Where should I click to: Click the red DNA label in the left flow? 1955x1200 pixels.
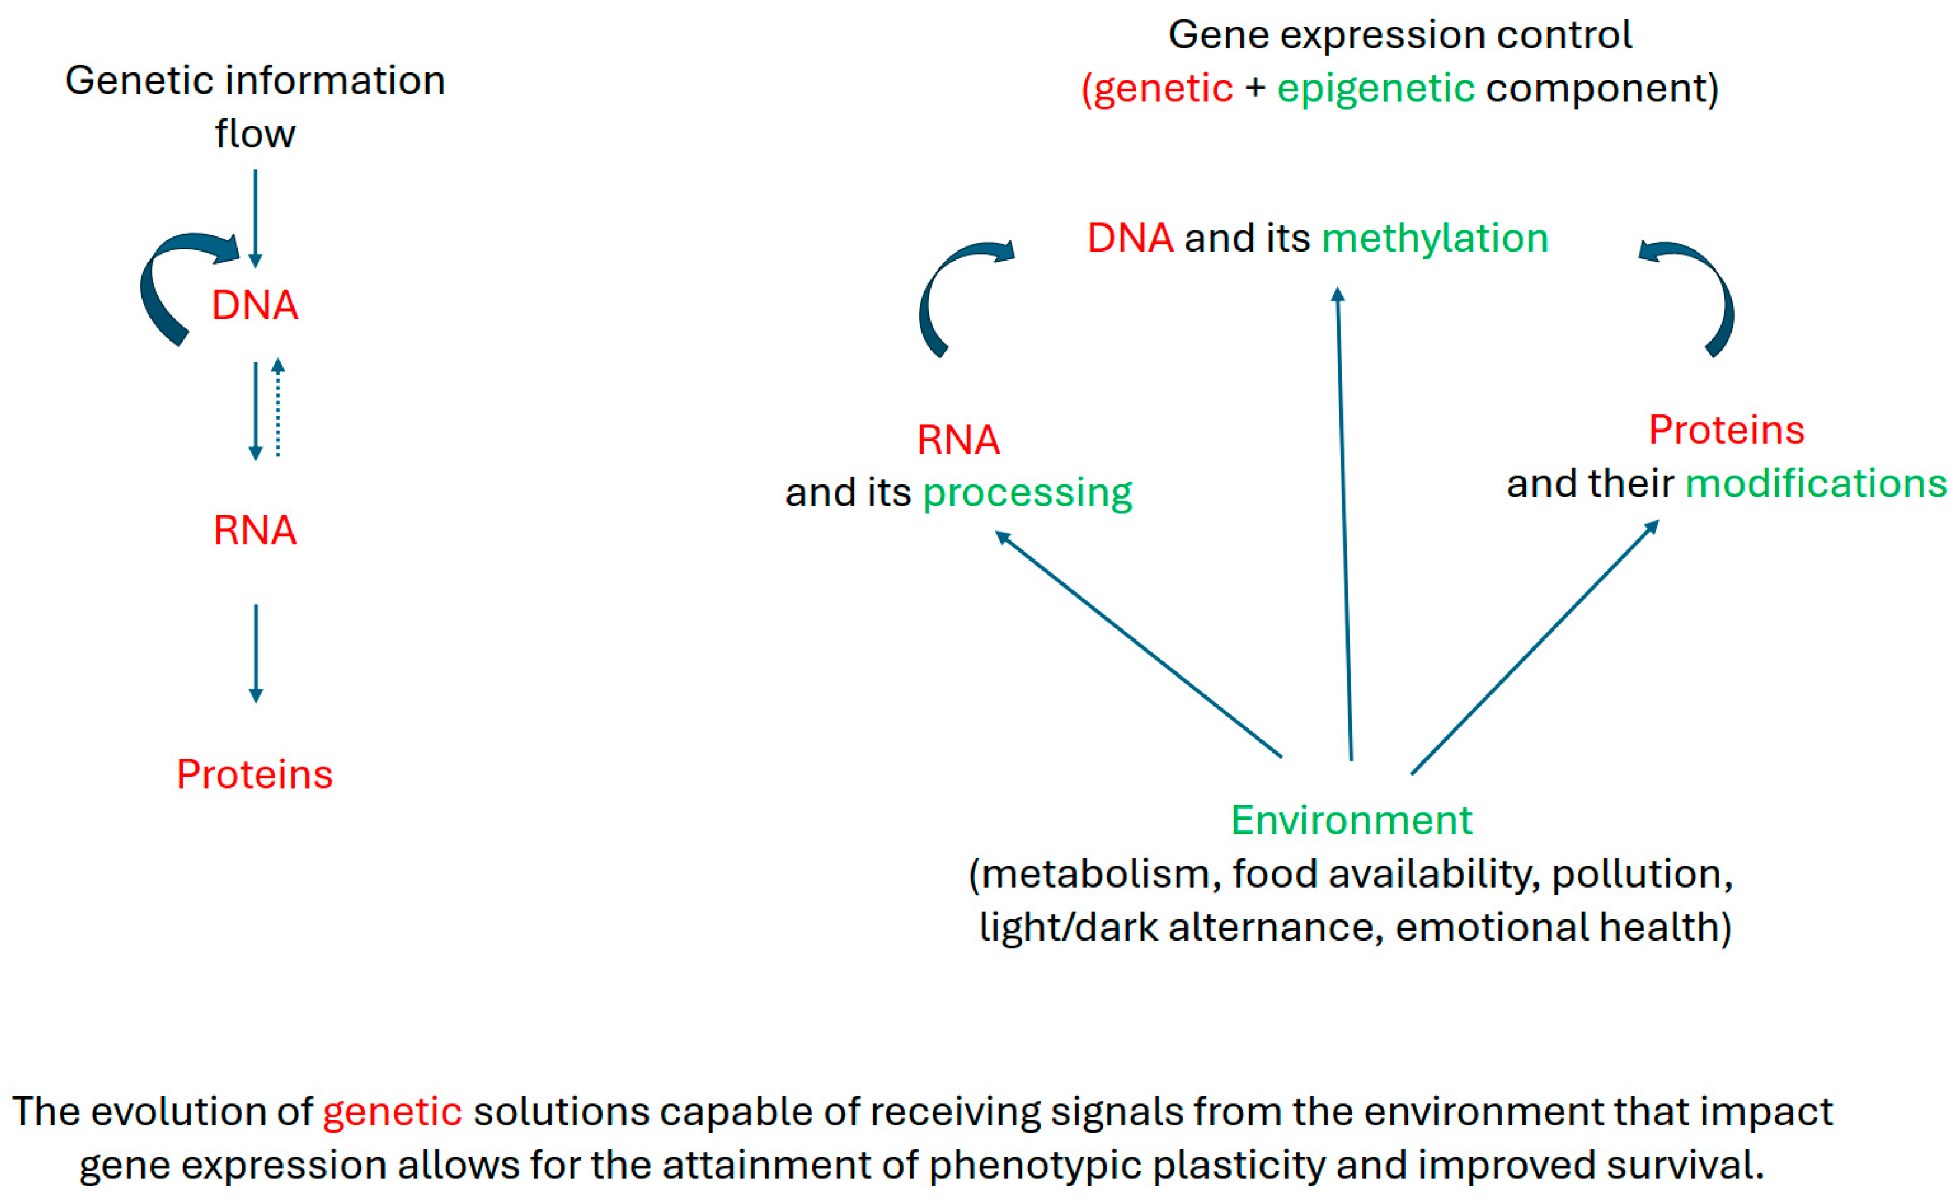pos(255,305)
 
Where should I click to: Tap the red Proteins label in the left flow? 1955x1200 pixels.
pos(255,774)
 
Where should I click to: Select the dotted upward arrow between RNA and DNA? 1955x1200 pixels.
pos(278,408)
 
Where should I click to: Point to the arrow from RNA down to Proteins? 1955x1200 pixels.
pos(256,654)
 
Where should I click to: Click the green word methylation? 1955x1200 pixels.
pos(1434,238)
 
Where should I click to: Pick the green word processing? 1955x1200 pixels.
pos(1027,493)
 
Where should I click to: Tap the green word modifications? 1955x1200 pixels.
pos(1815,483)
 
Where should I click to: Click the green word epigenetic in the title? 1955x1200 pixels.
pos(1375,88)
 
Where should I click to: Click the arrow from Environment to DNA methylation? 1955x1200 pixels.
pos(1345,524)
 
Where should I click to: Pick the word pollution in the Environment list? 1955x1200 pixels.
pos(1641,874)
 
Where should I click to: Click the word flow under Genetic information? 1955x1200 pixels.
pos(255,133)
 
